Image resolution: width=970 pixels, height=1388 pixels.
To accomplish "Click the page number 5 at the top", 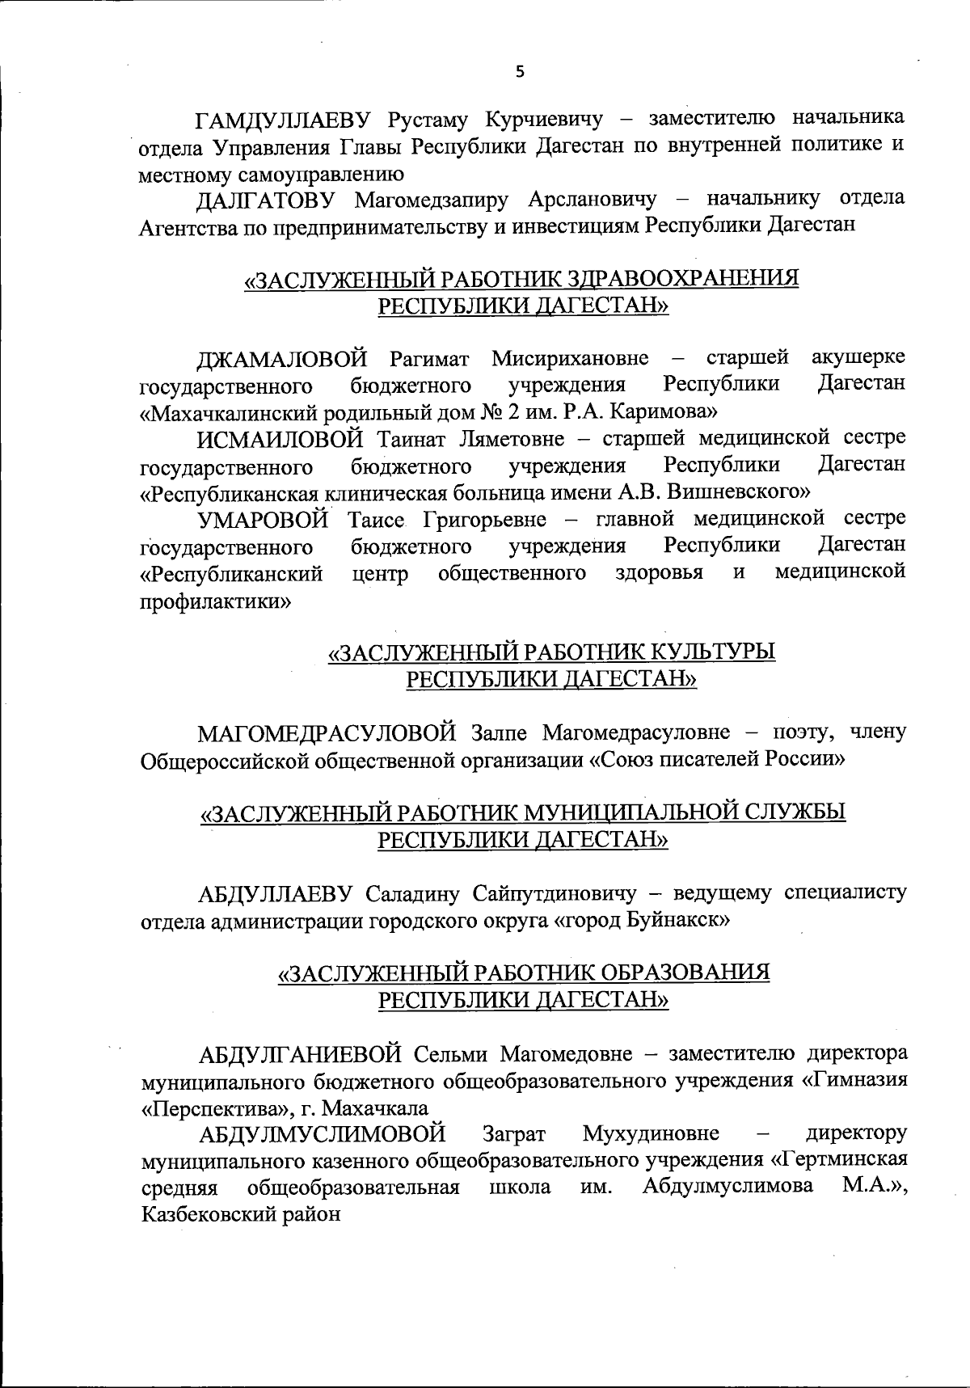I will coord(520,72).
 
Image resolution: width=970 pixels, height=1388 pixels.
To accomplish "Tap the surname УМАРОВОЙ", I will coord(266,518).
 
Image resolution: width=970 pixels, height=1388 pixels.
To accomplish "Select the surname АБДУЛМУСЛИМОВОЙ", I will coord(322,1133).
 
